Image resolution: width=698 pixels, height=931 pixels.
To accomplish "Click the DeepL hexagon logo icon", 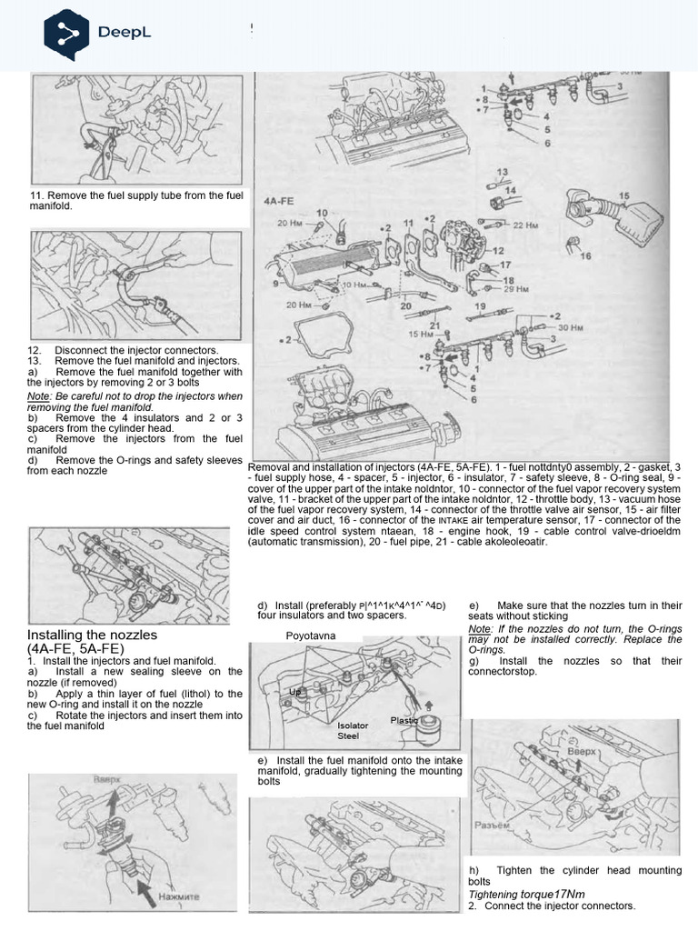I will coord(66,33).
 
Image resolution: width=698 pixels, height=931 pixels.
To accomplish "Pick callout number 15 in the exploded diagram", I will coord(623,195).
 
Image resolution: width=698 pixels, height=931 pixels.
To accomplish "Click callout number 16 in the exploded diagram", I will coord(585,256).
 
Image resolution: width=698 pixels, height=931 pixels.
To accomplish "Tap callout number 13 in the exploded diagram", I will coord(502,170).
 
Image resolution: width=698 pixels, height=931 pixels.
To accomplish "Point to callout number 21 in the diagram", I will coord(435,325).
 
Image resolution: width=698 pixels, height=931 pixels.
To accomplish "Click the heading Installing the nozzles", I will coord(93,634).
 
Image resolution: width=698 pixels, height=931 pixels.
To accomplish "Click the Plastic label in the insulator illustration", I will coord(404,720).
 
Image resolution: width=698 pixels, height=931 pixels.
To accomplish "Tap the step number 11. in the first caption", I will coord(36,195).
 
